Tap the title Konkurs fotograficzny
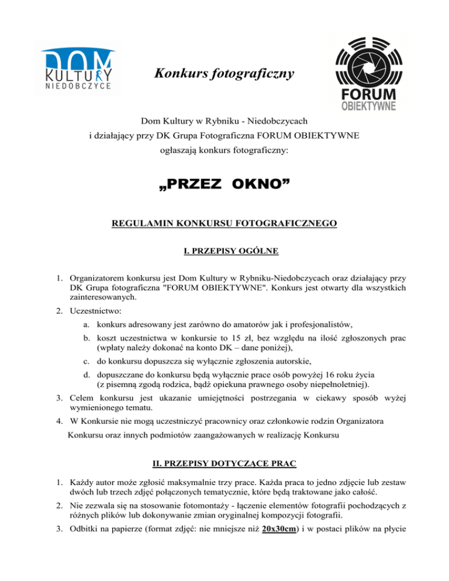point(224,74)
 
